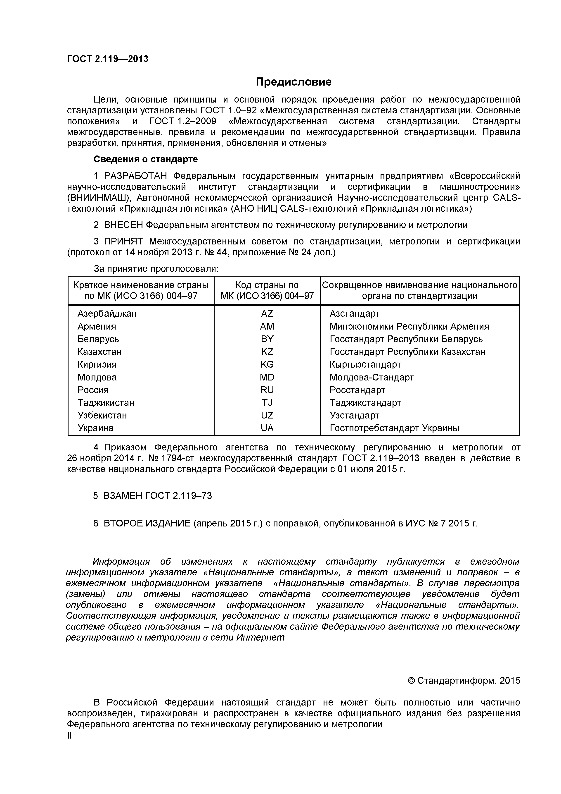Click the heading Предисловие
click(x=293, y=82)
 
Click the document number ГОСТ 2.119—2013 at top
click(x=107, y=59)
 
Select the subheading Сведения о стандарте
click(x=146, y=159)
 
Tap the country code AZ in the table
click(x=267, y=314)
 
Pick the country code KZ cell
click(x=267, y=352)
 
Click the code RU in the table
click(x=267, y=390)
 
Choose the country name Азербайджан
click(x=107, y=314)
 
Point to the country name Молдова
click(x=97, y=377)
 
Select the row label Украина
click(x=95, y=428)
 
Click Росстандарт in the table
click(x=357, y=390)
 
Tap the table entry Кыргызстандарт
click(x=365, y=364)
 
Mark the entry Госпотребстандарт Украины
click(x=395, y=428)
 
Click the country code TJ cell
click(x=267, y=403)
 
